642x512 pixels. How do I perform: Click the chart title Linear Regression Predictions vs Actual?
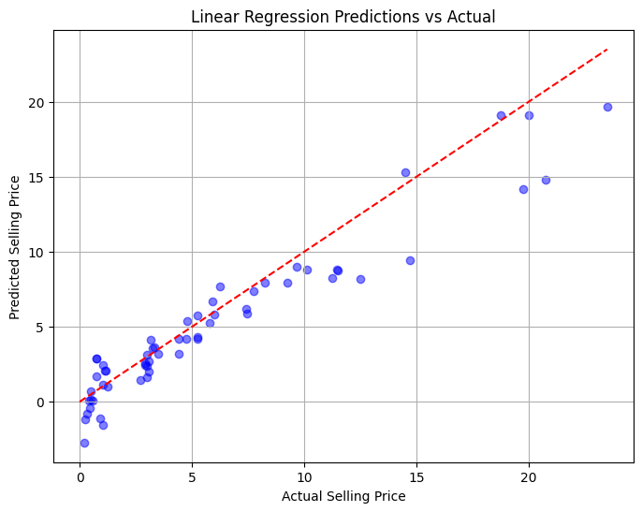(x=343, y=17)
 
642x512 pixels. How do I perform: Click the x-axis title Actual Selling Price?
(x=343, y=496)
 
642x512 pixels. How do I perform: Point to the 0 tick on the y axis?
(x=40, y=402)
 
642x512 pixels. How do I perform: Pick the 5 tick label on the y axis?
(x=40, y=328)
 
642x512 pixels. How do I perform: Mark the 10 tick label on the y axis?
(x=36, y=253)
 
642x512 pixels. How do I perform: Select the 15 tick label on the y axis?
(x=36, y=178)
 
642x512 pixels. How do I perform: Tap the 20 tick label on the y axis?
(x=36, y=103)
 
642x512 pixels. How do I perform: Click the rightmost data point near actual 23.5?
(x=607, y=107)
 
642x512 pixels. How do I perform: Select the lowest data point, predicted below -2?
(x=84, y=443)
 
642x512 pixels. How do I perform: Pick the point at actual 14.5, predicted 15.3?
(x=405, y=172)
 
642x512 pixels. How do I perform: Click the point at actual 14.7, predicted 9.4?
(x=410, y=260)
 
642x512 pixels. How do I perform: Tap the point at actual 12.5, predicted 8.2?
(x=360, y=279)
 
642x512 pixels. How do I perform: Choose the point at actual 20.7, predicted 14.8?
(x=546, y=180)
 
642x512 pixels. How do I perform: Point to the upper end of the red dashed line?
(x=607, y=49)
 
